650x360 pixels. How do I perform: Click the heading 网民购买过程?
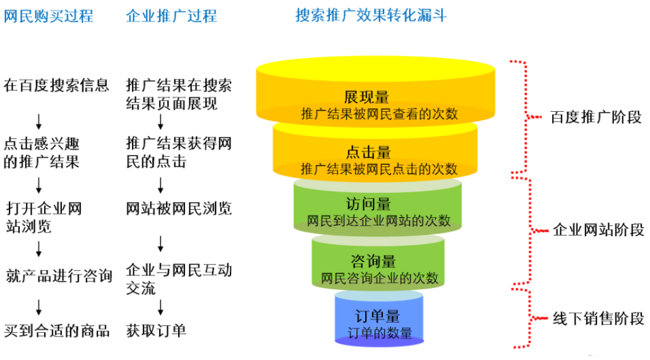49,16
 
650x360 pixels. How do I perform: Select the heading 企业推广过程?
171,16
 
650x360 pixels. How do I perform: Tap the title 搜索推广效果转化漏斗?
371,15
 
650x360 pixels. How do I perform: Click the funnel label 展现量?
367,97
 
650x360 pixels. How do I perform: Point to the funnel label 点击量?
368,152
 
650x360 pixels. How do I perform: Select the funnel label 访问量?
368,204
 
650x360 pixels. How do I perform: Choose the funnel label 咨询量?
373,261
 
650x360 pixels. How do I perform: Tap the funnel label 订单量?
377,316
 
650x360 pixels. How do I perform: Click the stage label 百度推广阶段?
596,117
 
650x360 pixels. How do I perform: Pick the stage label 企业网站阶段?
598,229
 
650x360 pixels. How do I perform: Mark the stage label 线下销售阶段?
598,318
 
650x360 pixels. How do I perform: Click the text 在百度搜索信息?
56,85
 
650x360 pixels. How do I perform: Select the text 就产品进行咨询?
59,275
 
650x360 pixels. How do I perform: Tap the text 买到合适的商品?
57,330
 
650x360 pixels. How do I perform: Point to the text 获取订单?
156,330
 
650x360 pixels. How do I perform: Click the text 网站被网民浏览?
179,208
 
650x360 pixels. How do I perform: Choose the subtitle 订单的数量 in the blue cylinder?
380,333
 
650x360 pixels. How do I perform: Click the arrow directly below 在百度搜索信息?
39,121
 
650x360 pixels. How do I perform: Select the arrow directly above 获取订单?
160,308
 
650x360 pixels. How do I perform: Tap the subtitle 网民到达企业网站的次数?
378,220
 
